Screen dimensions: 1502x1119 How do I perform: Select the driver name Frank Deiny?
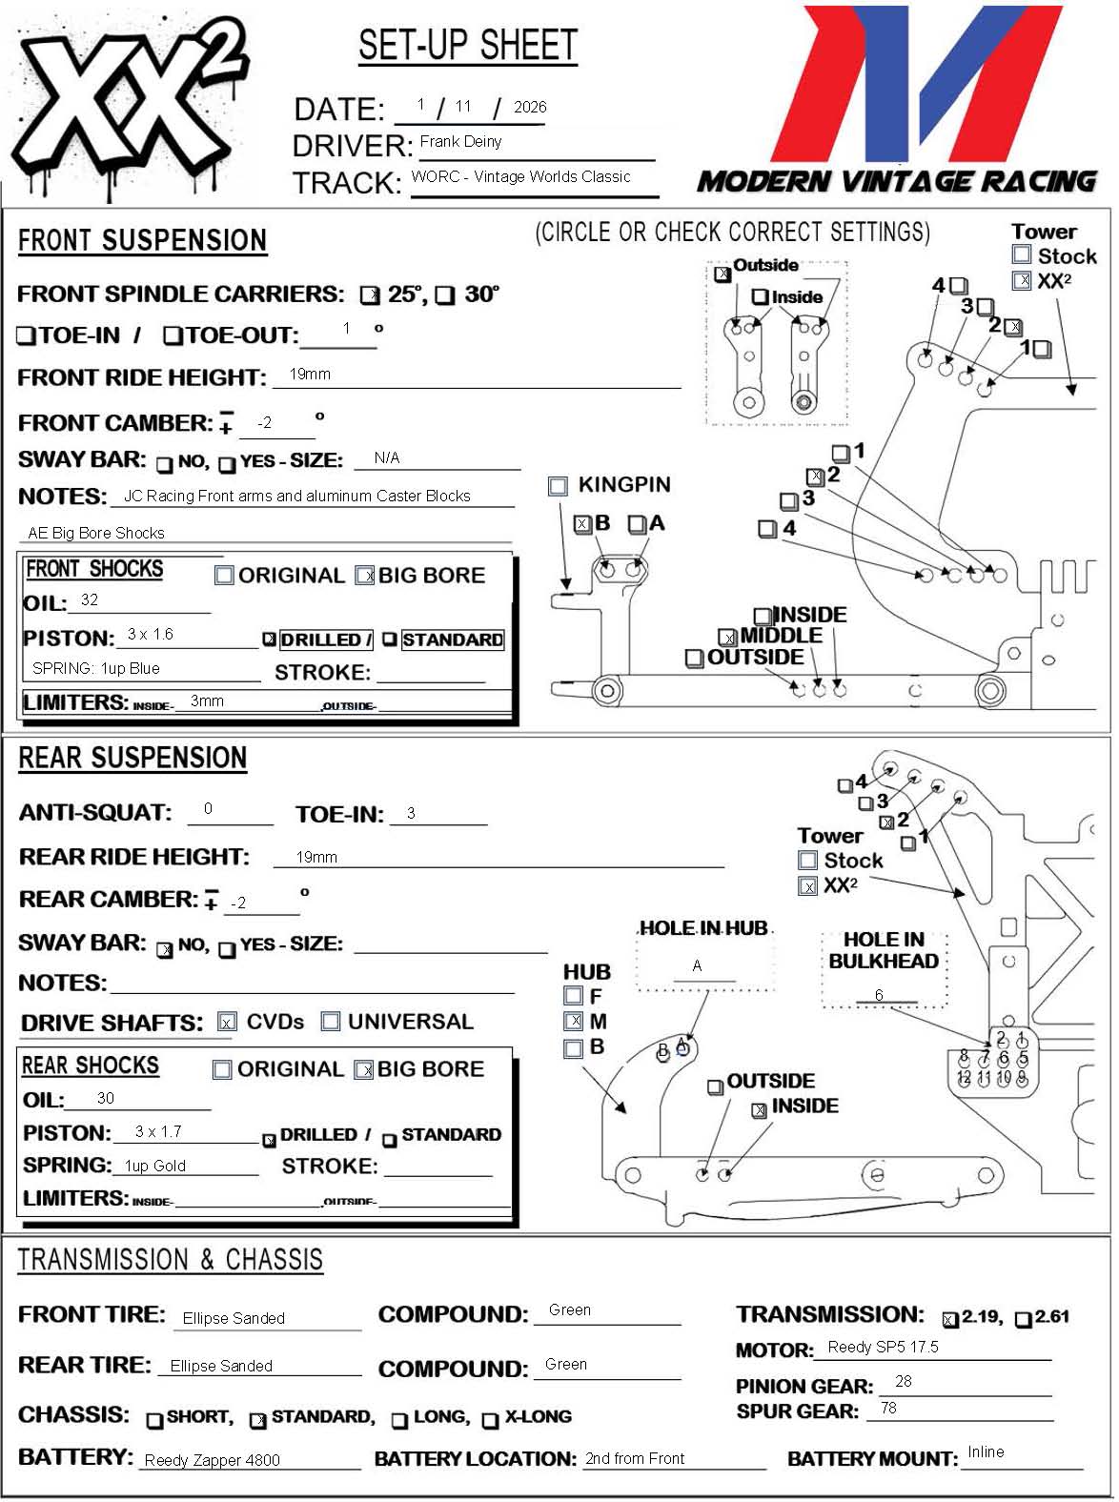coord(460,142)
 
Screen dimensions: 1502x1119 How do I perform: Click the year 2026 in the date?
coord(530,108)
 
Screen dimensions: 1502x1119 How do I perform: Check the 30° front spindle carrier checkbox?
coord(445,296)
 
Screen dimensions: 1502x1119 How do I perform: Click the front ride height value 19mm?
coord(310,375)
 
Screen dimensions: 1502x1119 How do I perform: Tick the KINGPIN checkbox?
coord(559,486)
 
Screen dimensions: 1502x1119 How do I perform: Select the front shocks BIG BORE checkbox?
coord(364,576)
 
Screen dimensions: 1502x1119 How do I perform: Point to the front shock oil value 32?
coord(90,600)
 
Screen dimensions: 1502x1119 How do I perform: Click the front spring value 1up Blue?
coord(96,669)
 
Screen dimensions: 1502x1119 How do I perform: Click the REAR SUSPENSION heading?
coord(132,759)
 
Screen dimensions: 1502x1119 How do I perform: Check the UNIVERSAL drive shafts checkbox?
coord(331,1022)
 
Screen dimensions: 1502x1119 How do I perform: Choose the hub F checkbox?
coord(573,996)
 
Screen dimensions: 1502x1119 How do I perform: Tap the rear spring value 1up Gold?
coord(155,1167)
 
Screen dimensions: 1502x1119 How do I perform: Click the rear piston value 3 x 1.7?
coord(158,1132)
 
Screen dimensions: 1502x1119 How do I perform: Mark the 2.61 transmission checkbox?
coord(1024,1320)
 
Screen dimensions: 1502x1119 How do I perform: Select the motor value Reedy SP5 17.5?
coord(883,1348)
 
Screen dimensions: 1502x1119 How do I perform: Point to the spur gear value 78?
coord(888,1409)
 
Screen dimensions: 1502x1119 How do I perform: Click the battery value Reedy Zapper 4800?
coord(213,1460)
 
